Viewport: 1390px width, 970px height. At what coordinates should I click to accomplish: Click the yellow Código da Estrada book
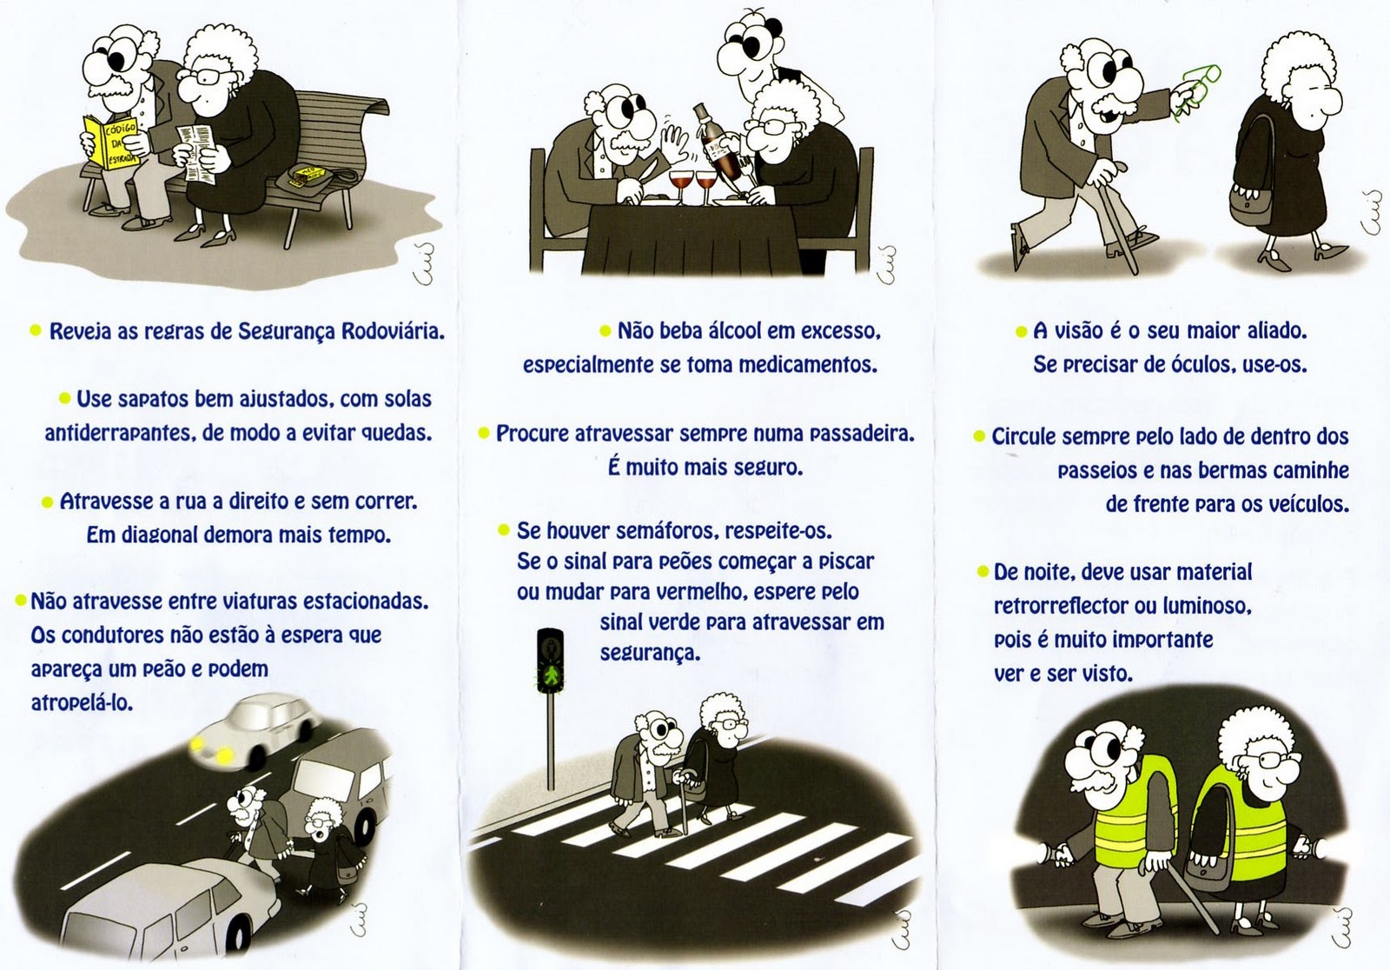point(112,142)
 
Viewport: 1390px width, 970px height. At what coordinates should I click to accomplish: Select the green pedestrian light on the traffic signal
point(551,675)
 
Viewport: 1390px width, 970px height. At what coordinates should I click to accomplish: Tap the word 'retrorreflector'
point(1061,606)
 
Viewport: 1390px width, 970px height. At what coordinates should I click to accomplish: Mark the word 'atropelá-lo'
point(82,703)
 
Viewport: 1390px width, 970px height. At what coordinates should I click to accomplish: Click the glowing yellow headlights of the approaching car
point(212,749)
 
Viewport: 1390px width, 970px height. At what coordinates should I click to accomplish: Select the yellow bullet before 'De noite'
point(983,571)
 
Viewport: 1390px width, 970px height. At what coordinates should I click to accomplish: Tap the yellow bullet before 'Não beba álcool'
point(605,331)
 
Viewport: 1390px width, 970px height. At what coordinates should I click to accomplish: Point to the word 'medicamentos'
point(808,364)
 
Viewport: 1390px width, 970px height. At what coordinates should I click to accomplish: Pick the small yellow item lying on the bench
point(308,173)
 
